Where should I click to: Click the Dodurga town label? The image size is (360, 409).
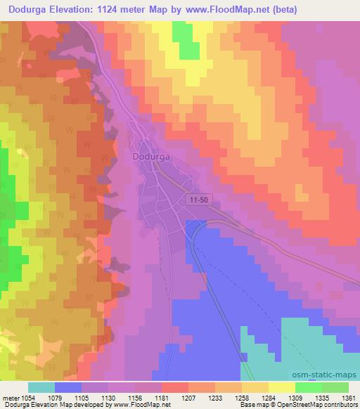[153, 157]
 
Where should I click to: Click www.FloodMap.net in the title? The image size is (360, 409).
[226, 10]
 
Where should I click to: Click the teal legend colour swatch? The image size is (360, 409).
[41, 387]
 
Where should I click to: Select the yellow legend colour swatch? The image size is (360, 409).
[281, 387]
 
